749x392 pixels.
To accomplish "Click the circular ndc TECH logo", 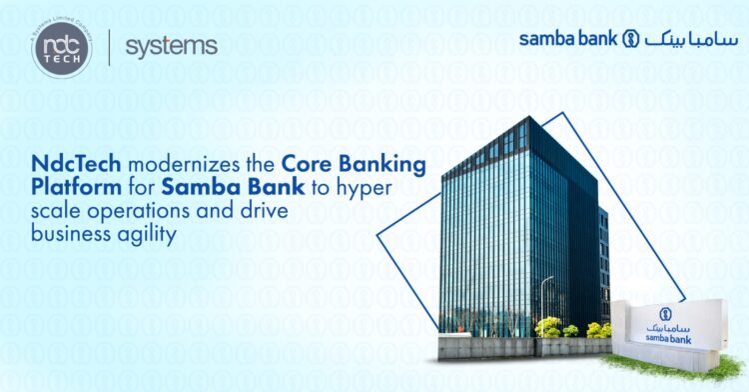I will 61,47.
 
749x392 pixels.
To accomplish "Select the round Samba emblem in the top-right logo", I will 630,39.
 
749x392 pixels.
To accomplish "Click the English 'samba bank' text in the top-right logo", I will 568,39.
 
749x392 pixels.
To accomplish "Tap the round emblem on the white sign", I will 664,312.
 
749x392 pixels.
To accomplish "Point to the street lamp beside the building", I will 545,300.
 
